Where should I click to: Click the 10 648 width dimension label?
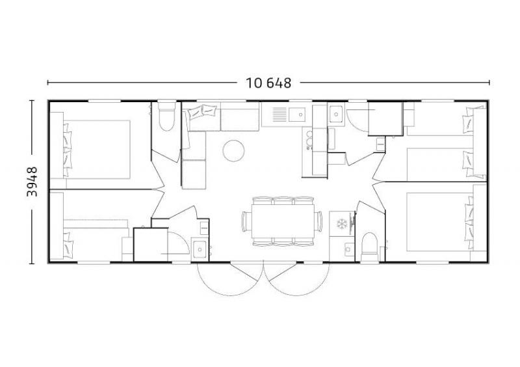268,83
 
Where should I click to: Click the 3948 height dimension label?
32,182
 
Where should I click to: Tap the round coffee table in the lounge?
233,150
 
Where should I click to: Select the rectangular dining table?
283,221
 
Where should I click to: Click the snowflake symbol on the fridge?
341,224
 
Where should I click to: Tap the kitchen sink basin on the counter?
297,115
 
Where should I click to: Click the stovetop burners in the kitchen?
309,140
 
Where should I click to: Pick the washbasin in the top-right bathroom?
336,114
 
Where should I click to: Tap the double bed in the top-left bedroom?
96,150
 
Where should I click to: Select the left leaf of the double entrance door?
231,279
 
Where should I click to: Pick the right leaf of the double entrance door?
297,279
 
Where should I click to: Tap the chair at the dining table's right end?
319,221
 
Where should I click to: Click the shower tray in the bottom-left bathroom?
151,245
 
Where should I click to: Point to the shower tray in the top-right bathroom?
385,118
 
